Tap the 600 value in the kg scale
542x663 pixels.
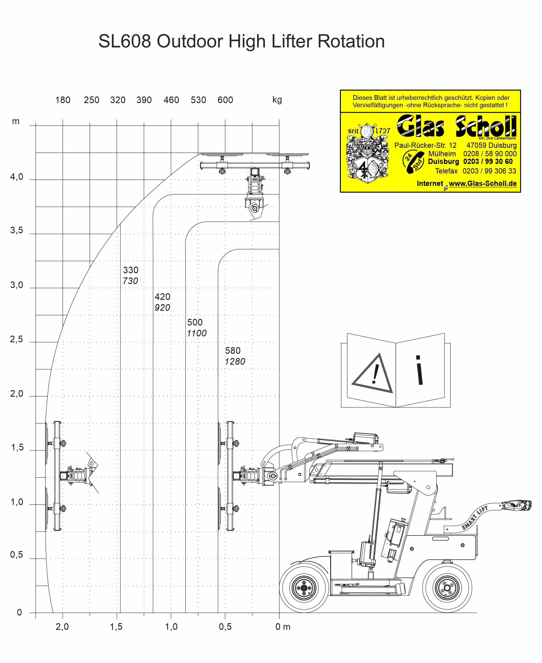[225, 100]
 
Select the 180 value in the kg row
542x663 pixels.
[63, 100]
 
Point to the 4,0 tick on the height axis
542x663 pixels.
[17, 177]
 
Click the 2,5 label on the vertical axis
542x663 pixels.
[17, 339]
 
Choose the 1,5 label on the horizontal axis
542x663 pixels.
[116, 627]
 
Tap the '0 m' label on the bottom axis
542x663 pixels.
[283, 627]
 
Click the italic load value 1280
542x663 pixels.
[235, 362]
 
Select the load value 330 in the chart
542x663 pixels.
[130, 270]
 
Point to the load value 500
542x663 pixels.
[195, 322]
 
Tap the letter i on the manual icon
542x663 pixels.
[420, 370]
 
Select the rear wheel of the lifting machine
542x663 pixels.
[447, 588]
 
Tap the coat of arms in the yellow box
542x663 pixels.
[368, 153]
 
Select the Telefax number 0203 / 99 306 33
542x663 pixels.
[489, 171]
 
